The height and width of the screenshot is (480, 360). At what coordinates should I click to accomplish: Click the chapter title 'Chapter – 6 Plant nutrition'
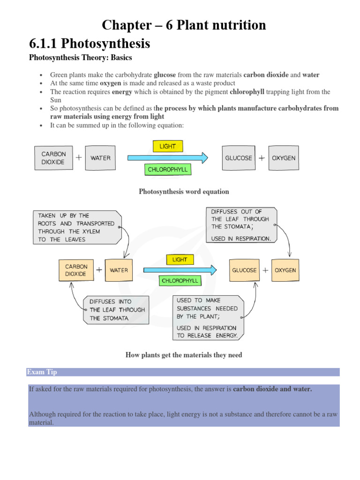tap(184, 25)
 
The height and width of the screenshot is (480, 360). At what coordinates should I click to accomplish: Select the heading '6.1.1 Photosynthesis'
tap(90, 44)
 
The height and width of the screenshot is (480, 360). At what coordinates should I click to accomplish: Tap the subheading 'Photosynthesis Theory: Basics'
tap(81, 58)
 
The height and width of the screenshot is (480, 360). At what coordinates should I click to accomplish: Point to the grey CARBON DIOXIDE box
tap(53, 158)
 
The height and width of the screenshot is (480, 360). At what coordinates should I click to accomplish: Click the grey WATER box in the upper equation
tap(100, 158)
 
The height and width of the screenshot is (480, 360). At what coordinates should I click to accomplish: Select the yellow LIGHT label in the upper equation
tap(167, 146)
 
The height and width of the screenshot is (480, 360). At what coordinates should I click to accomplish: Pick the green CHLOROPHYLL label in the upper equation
tap(167, 169)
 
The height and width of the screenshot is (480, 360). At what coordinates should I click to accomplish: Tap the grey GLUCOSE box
tap(238, 158)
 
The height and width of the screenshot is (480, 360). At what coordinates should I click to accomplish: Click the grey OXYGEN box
tap(284, 158)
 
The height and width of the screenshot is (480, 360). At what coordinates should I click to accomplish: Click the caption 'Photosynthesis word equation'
tap(184, 192)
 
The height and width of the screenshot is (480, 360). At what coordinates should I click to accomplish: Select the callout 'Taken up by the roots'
tap(76, 227)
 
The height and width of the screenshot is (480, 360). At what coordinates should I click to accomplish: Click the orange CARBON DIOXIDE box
tap(75, 270)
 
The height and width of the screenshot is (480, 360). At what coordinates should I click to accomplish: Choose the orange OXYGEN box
tap(285, 270)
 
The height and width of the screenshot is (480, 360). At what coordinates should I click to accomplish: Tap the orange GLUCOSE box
tap(244, 270)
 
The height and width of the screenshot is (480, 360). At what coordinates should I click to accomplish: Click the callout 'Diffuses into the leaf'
tap(116, 310)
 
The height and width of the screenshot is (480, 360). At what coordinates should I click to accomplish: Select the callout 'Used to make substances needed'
tap(208, 318)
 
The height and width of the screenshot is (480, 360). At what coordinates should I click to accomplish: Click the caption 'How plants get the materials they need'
tap(184, 355)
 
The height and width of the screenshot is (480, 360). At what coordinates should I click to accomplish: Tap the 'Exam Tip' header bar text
tap(42, 372)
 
